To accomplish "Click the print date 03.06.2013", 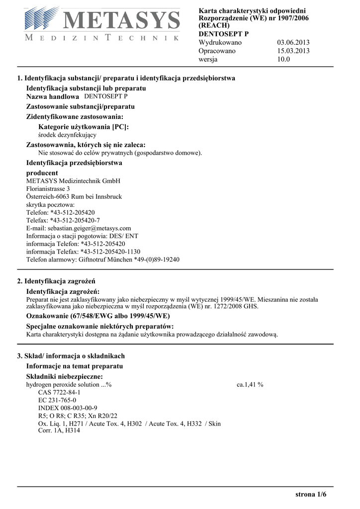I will tap(293, 42).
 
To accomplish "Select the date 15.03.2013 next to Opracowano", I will tap(293, 51).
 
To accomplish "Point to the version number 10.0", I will tap(283, 59).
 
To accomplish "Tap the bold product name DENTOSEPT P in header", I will tap(223, 34).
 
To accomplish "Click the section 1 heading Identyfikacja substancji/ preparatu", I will tap(126, 79).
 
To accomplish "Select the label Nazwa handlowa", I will tap(52, 97).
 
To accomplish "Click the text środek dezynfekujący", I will tap(67, 135).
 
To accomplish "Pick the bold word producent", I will tap(42, 173).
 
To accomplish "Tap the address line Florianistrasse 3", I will tap(48, 189).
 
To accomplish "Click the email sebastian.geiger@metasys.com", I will tap(79, 228).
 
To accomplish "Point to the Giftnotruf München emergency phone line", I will tap(102, 259).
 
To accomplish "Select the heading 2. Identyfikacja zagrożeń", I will tap(56, 281).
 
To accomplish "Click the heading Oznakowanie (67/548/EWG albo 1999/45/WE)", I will tap(97, 316).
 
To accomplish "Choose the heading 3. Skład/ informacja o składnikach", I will tap(71, 356).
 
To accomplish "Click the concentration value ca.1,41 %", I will tap(250, 385).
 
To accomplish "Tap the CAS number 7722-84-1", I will tap(59, 392).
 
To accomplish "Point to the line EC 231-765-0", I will tap(57, 400).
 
